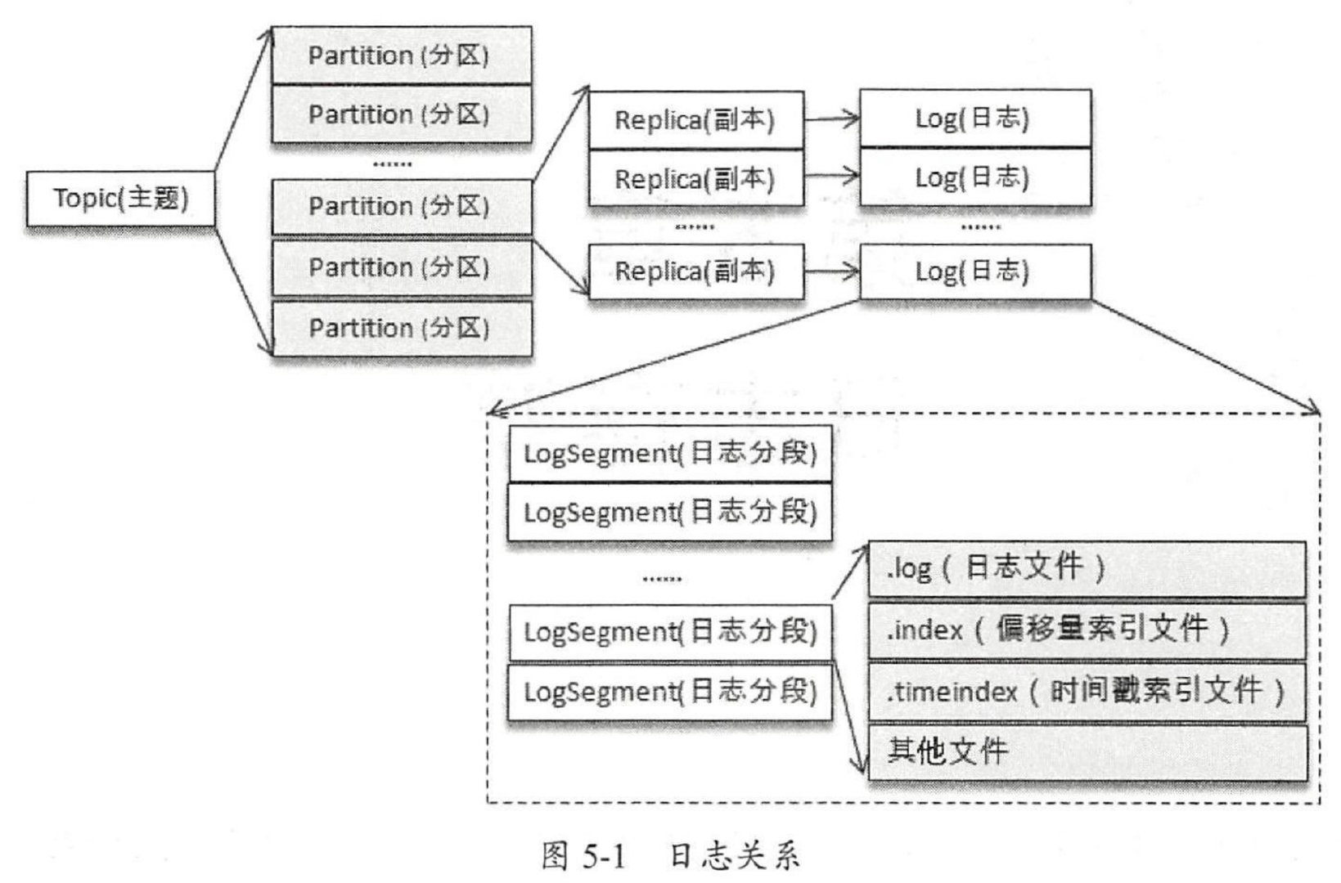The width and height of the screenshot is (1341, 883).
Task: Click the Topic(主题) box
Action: pyautogui.click(x=121, y=199)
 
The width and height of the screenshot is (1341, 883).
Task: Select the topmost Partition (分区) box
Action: pyautogui.click(x=401, y=56)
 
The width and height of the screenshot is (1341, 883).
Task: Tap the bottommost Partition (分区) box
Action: pyautogui.click(x=401, y=328)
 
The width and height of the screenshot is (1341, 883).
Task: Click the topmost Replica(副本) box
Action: pyautogui.click(x=695, y=120)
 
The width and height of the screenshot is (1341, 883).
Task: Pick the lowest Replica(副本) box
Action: pyautogui.click(x=695, y=271)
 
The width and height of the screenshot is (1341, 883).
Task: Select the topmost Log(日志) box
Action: pyautogui.click(x=974, y=119)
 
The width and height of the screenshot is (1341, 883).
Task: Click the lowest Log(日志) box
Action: pyautogui.click(x=974, y=271)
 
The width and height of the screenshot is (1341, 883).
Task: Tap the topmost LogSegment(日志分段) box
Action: pyautogui.click(x=670, y=453)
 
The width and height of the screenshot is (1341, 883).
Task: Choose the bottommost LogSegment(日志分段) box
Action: pyautogui.click(x=670, y=692)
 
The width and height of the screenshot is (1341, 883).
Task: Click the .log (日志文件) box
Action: pyautogui.click(x=1087, y=568)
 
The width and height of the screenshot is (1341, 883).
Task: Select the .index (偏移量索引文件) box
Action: pyautogui.click(x=1087, y=629)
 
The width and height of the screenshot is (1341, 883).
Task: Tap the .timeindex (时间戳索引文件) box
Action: pyautogui.click(x=1087, y=692)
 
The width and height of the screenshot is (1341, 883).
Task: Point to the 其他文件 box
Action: pyautogui.click(x=1087, y=751)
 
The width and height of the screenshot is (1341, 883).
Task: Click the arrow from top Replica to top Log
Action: pyautogui.click(x=831, y=119)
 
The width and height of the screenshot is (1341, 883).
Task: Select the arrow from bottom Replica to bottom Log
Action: pyautogui.click(x=831, y=272)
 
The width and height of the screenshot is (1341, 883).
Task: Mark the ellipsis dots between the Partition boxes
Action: pyautogui.click(x=393, y=165)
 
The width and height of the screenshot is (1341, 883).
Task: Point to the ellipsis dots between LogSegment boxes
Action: pyautogui.click(x=662, y=580)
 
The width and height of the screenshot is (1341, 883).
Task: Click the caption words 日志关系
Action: pyautogui.click(x=734, y=856)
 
